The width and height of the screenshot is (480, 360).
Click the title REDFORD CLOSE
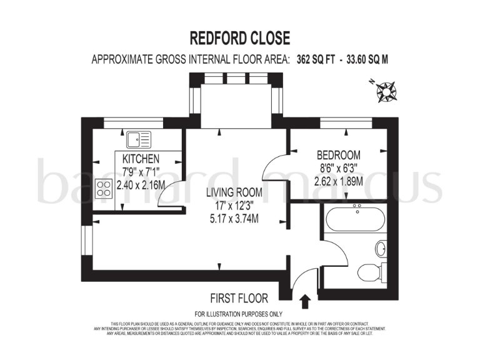tap(239, 38)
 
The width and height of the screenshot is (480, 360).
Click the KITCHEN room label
tap(141, 158)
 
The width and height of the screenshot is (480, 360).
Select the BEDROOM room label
tap(339, 155)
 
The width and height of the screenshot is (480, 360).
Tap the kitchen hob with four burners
tap(103, 189)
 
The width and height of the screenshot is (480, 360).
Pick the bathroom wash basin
tap(381, 249)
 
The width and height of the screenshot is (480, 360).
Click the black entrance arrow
tap(306, 302)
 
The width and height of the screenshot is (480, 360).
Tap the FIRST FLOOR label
tap(239, 299)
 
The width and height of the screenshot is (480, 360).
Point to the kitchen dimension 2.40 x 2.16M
tap(141, 185)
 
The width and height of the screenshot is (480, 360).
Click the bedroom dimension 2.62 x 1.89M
tap(339, 181)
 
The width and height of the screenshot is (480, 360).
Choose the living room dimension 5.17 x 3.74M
tap(234, 218)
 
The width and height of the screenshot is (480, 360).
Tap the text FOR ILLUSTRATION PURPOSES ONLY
tap(239, 314)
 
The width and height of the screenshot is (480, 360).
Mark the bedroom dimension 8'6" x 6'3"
tap(339, 168)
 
